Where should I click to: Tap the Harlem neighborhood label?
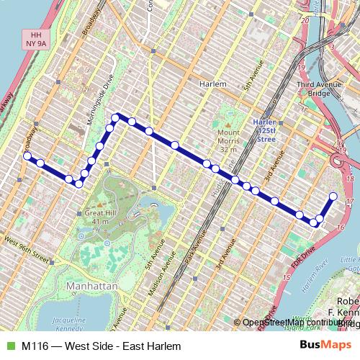[x=212, y=84]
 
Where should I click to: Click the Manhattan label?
[x=91, y=286]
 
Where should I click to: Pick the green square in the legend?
[x=9, y=346]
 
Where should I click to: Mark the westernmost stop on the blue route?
[x=27, y=156]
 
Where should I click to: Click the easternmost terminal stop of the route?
[x=333, y=196]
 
